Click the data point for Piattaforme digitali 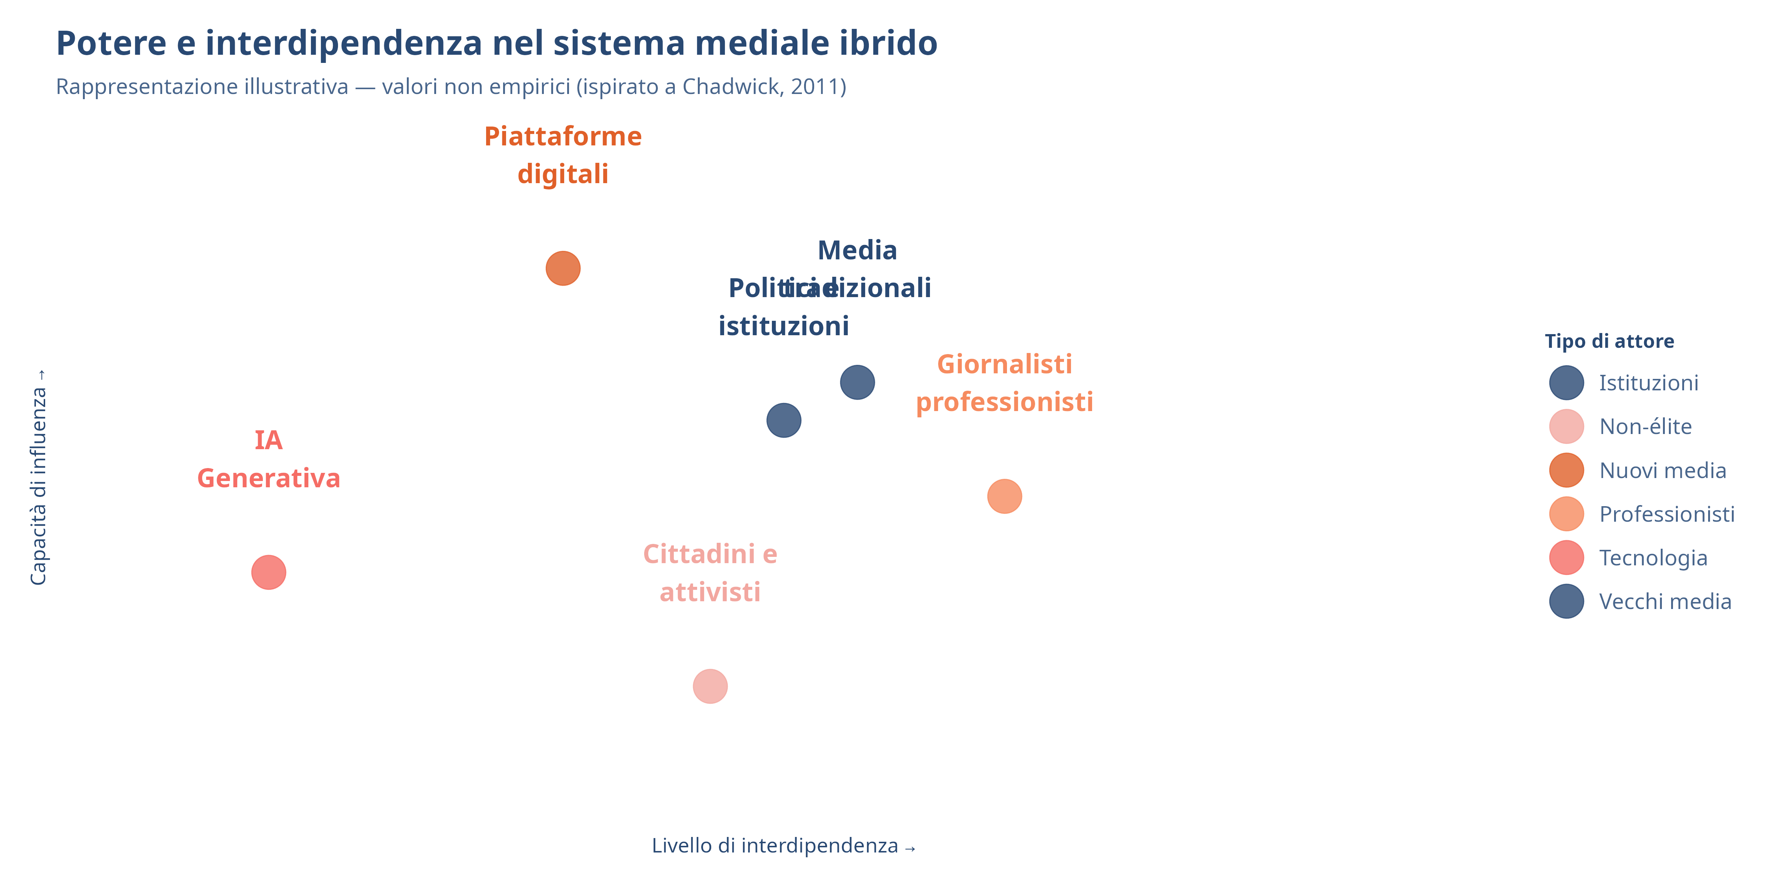(563, 268)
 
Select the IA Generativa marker (268, 572)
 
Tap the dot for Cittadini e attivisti (710, 686)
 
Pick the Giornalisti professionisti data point (1004, 497)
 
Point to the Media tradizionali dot (857, 382)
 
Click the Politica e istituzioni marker (784, 420)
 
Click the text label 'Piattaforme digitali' (563, 155)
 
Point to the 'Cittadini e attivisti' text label (710, 573)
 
